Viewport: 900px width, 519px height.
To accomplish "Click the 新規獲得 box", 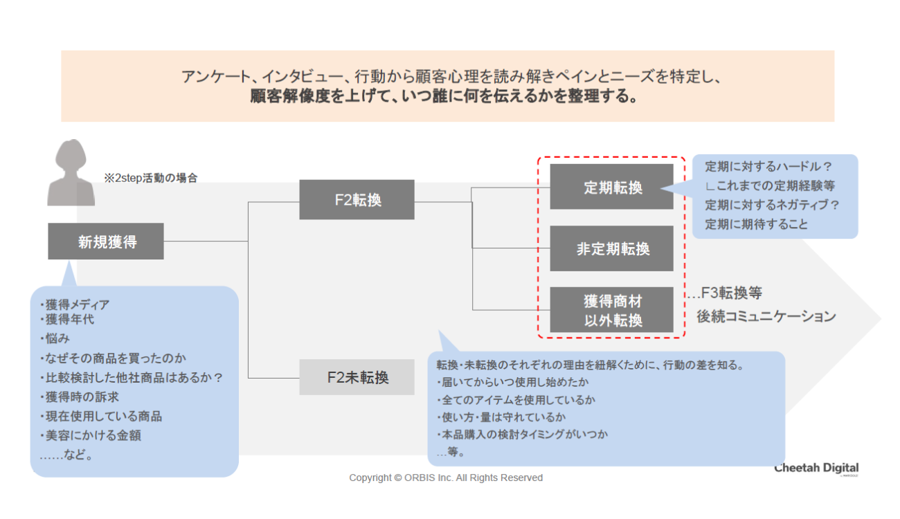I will [106, 242].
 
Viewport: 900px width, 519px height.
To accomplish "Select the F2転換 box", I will [357, 200].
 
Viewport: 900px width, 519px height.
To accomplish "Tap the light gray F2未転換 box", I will [357, 377].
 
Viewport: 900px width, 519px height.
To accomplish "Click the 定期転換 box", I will [611, 187].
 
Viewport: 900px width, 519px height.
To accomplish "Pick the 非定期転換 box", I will [611, 248].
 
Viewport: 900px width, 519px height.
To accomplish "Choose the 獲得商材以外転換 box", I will [611, 310].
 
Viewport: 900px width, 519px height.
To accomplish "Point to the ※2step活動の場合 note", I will [150, 178].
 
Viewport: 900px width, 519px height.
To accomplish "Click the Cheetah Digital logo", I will [816, 468].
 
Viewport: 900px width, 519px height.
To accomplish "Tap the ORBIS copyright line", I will [446, 477].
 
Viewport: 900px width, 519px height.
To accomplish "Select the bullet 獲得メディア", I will [76, 305].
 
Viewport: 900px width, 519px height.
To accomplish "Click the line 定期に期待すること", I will [756, 224].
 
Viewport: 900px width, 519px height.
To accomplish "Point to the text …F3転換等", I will [724, 293].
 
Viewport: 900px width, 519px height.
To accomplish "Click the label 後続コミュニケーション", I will [766, 317].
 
